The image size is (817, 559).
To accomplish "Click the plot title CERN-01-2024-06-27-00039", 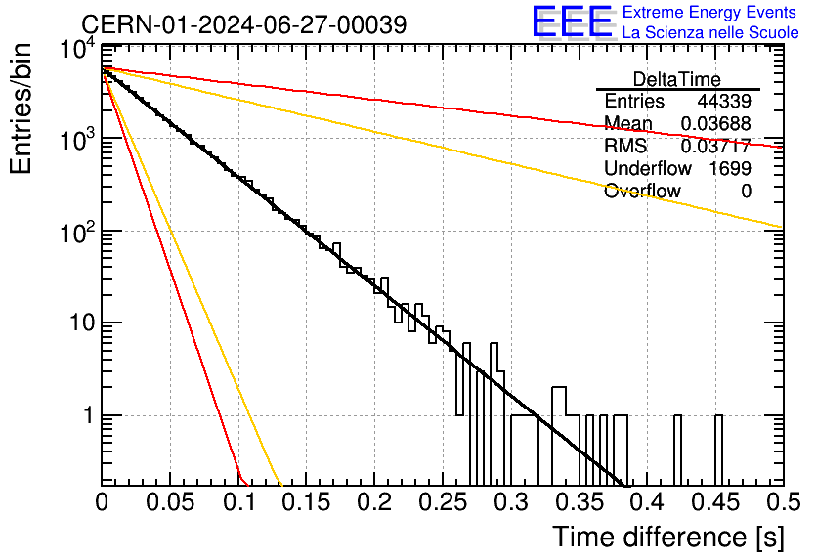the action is coord(244,24).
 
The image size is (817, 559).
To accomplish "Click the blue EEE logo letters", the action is coord(572,21).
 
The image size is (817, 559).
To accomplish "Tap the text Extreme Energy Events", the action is coord(709,12).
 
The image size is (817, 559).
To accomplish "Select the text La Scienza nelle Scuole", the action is coord(710,33).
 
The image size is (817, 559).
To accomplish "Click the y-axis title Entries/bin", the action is coord(21,108).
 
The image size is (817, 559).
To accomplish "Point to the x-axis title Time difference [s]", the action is coord(668,537).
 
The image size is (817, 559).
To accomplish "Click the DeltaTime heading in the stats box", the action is coord(677,79).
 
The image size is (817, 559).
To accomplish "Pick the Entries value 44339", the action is coord(724,101).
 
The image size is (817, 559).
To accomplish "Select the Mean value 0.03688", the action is coord(716,123).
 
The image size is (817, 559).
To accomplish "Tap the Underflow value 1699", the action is coord(730,168).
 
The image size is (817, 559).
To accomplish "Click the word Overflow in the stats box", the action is coord(642,192).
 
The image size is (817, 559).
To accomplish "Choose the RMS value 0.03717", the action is coord(716,146).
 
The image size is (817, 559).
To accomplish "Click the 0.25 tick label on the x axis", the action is coord(443,502).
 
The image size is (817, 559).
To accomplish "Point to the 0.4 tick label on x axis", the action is coord(647,502).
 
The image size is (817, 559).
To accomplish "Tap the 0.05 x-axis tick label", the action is coord(170,502).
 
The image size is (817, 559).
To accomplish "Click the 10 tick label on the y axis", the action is coord(83,323).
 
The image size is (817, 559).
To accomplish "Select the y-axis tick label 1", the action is coord(88,415).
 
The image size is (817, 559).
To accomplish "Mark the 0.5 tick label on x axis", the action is coord(784,502).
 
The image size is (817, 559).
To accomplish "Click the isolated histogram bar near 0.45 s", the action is coord(718,451).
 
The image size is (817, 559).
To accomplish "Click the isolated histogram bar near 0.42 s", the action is coord(677,451).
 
